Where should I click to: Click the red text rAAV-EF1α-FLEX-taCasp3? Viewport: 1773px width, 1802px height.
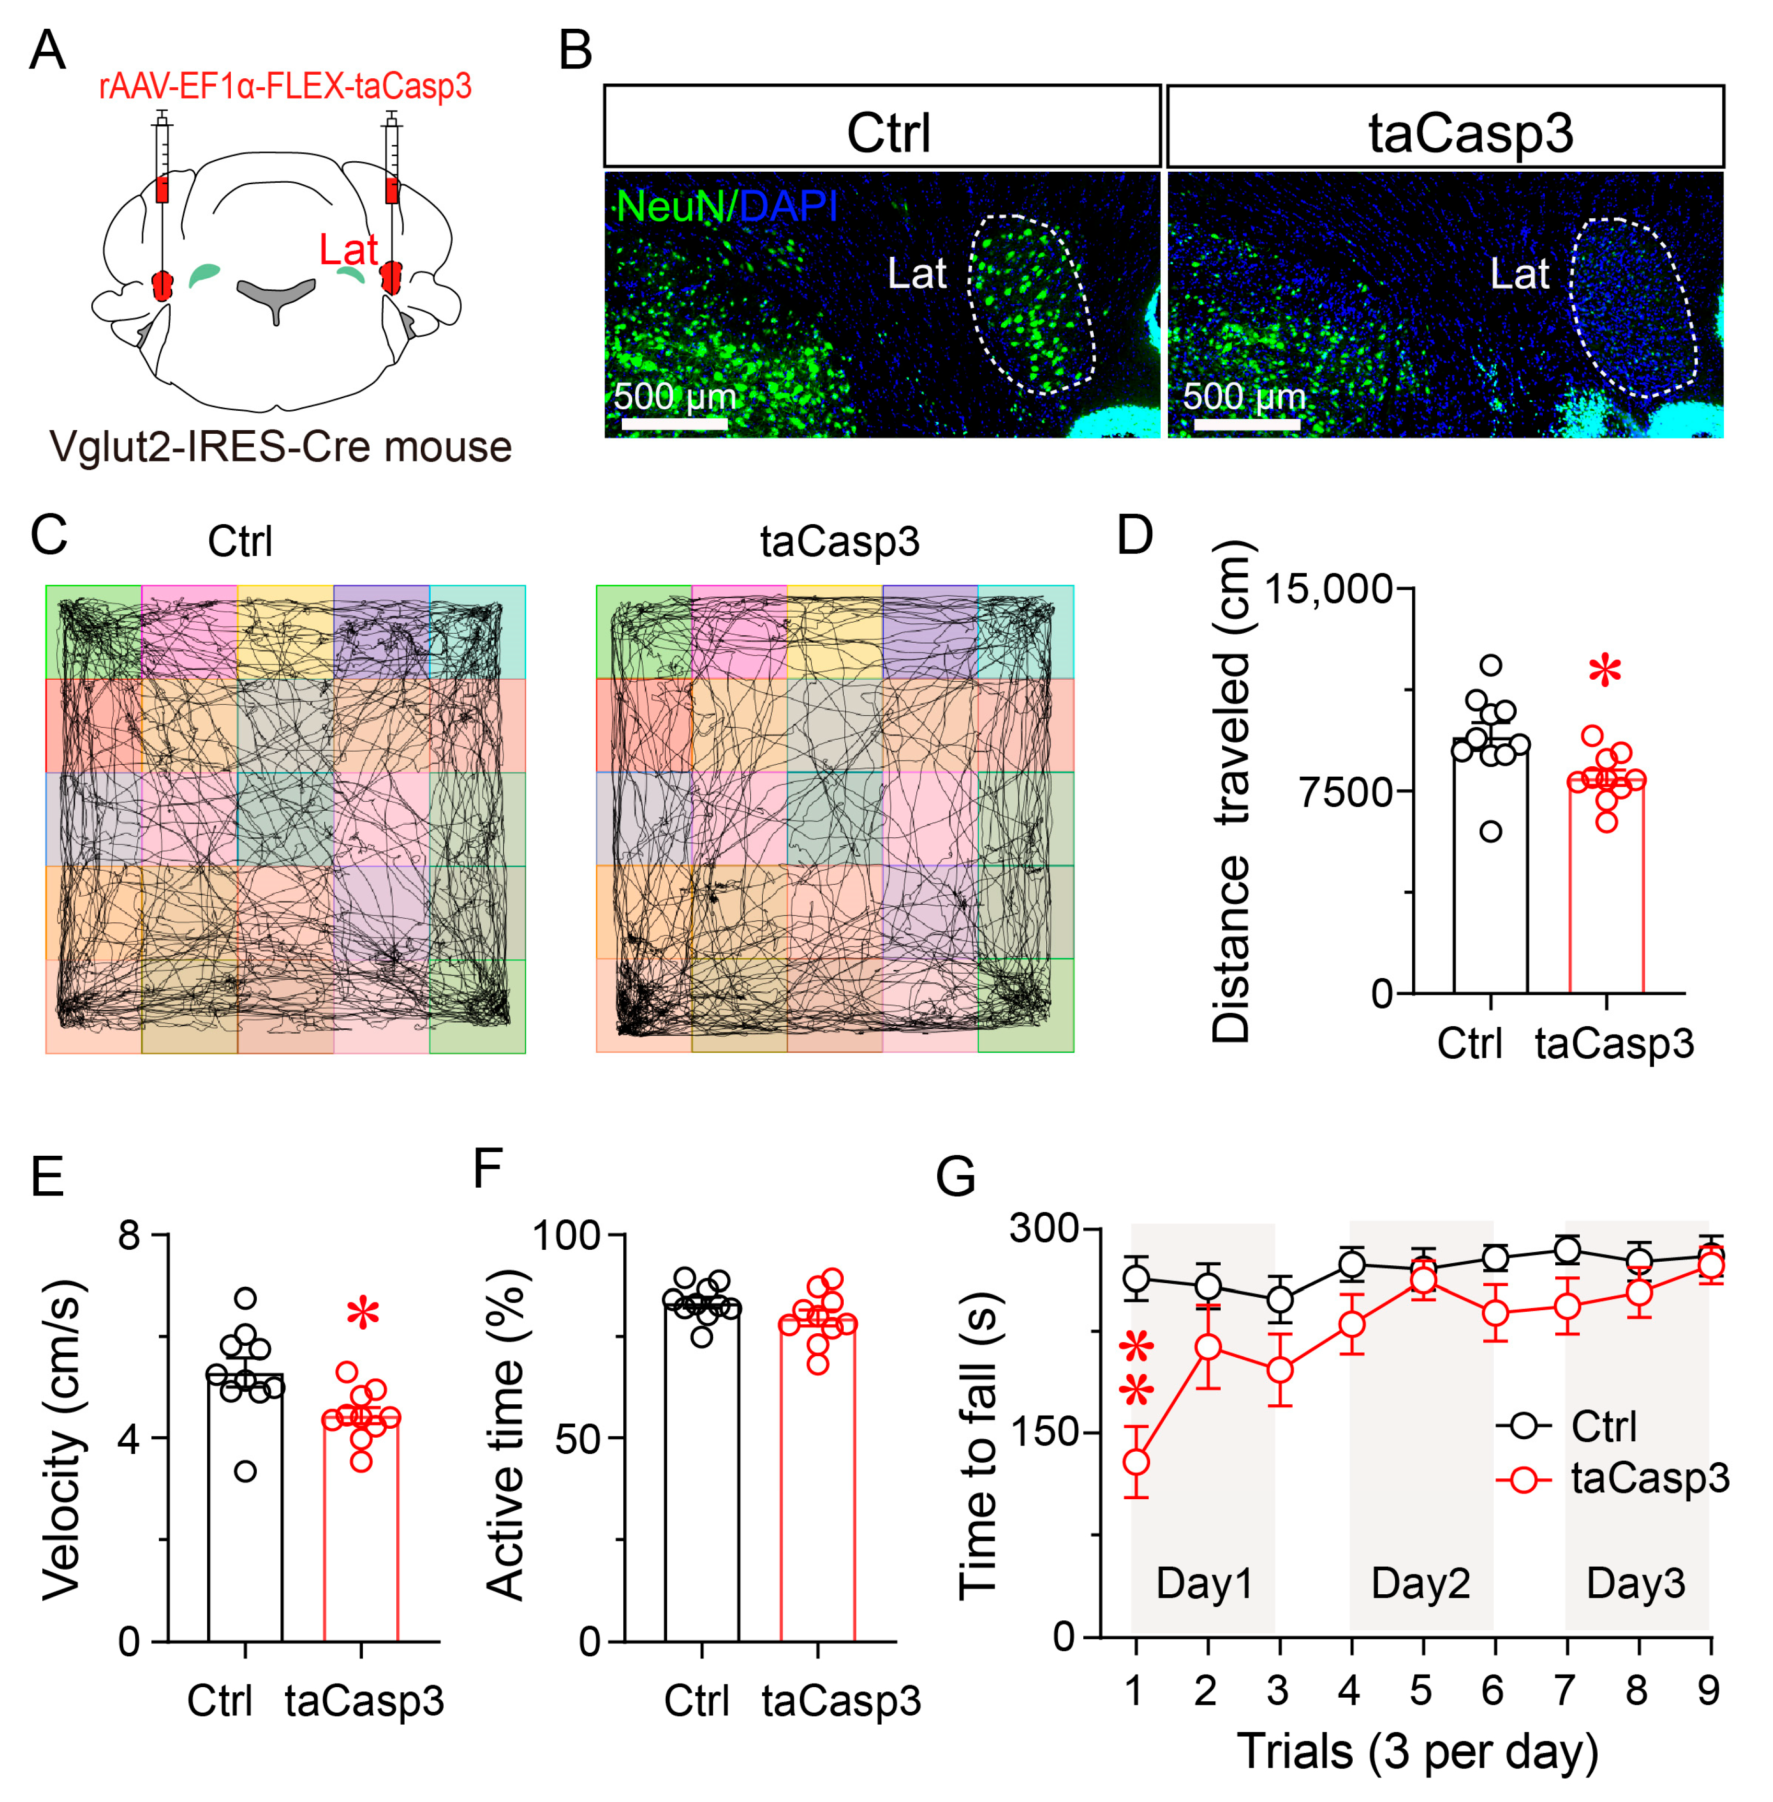point(285,87)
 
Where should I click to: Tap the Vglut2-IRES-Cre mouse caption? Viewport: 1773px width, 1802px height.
point(280,447)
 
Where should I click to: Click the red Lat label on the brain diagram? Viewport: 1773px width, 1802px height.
point(348,250)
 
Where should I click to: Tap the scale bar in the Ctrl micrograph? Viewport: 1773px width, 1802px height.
point(674,424)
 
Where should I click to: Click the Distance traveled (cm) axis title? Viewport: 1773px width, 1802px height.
point(1231,791)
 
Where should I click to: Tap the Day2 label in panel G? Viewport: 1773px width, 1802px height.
point(1420,1583)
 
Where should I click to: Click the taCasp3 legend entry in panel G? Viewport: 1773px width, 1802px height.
point(1648,1478)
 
